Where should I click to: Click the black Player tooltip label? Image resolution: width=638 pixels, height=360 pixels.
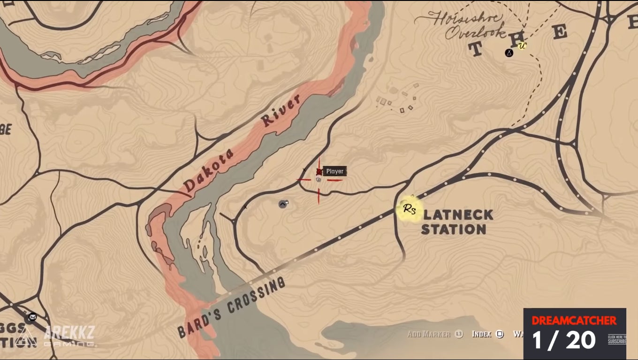[334, 171]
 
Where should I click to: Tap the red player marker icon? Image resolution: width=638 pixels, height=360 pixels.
[319, 172]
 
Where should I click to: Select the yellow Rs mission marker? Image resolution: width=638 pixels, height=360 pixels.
[409, 210]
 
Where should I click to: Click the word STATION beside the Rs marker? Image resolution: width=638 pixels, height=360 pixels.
[453, 230]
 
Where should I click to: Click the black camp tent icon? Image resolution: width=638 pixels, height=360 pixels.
[509, 53]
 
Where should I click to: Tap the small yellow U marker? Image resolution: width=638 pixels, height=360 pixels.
[522, 45]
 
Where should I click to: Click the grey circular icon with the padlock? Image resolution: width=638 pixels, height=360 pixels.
[283, 203]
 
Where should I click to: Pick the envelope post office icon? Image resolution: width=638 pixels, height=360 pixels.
[32, 317]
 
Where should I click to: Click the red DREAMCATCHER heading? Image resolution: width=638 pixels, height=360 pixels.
[574, 321]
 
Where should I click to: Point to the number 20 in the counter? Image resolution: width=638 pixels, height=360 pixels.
[580, 340]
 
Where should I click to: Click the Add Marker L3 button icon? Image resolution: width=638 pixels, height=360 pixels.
[459, 334]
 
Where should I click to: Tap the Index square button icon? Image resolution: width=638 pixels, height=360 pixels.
[500, 334]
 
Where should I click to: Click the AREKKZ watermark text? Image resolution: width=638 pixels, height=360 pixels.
[69, 332]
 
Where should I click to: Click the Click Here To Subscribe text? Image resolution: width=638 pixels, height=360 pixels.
[616, 339]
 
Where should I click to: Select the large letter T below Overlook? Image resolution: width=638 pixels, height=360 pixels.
[476, 49]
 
